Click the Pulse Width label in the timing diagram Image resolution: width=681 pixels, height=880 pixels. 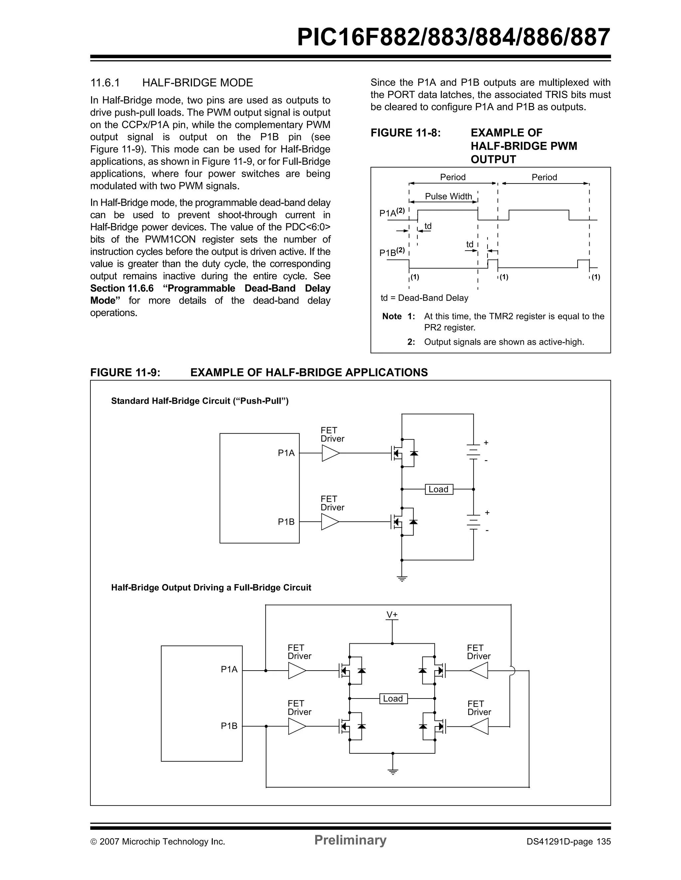point(448,196)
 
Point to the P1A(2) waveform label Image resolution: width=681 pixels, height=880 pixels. point(392,212)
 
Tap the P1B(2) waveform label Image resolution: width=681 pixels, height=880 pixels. point(392,252)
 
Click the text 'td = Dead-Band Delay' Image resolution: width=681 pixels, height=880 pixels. point(424,298)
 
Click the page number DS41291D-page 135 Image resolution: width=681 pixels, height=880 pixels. point(568,841)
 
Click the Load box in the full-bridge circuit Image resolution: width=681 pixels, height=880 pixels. point(393,699)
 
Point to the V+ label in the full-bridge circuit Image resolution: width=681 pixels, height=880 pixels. point(392,614)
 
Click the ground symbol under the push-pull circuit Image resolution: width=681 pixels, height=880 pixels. point(402,579)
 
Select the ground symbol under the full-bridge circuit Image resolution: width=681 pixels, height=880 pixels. point(393,772)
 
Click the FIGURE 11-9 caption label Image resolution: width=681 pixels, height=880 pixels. point(125,372)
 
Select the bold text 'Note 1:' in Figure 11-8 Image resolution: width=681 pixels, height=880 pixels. point(398,316)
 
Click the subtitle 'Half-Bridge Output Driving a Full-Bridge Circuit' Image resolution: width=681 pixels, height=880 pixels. point(211,587)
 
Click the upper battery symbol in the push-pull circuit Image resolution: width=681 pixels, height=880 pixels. point(474,452)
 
